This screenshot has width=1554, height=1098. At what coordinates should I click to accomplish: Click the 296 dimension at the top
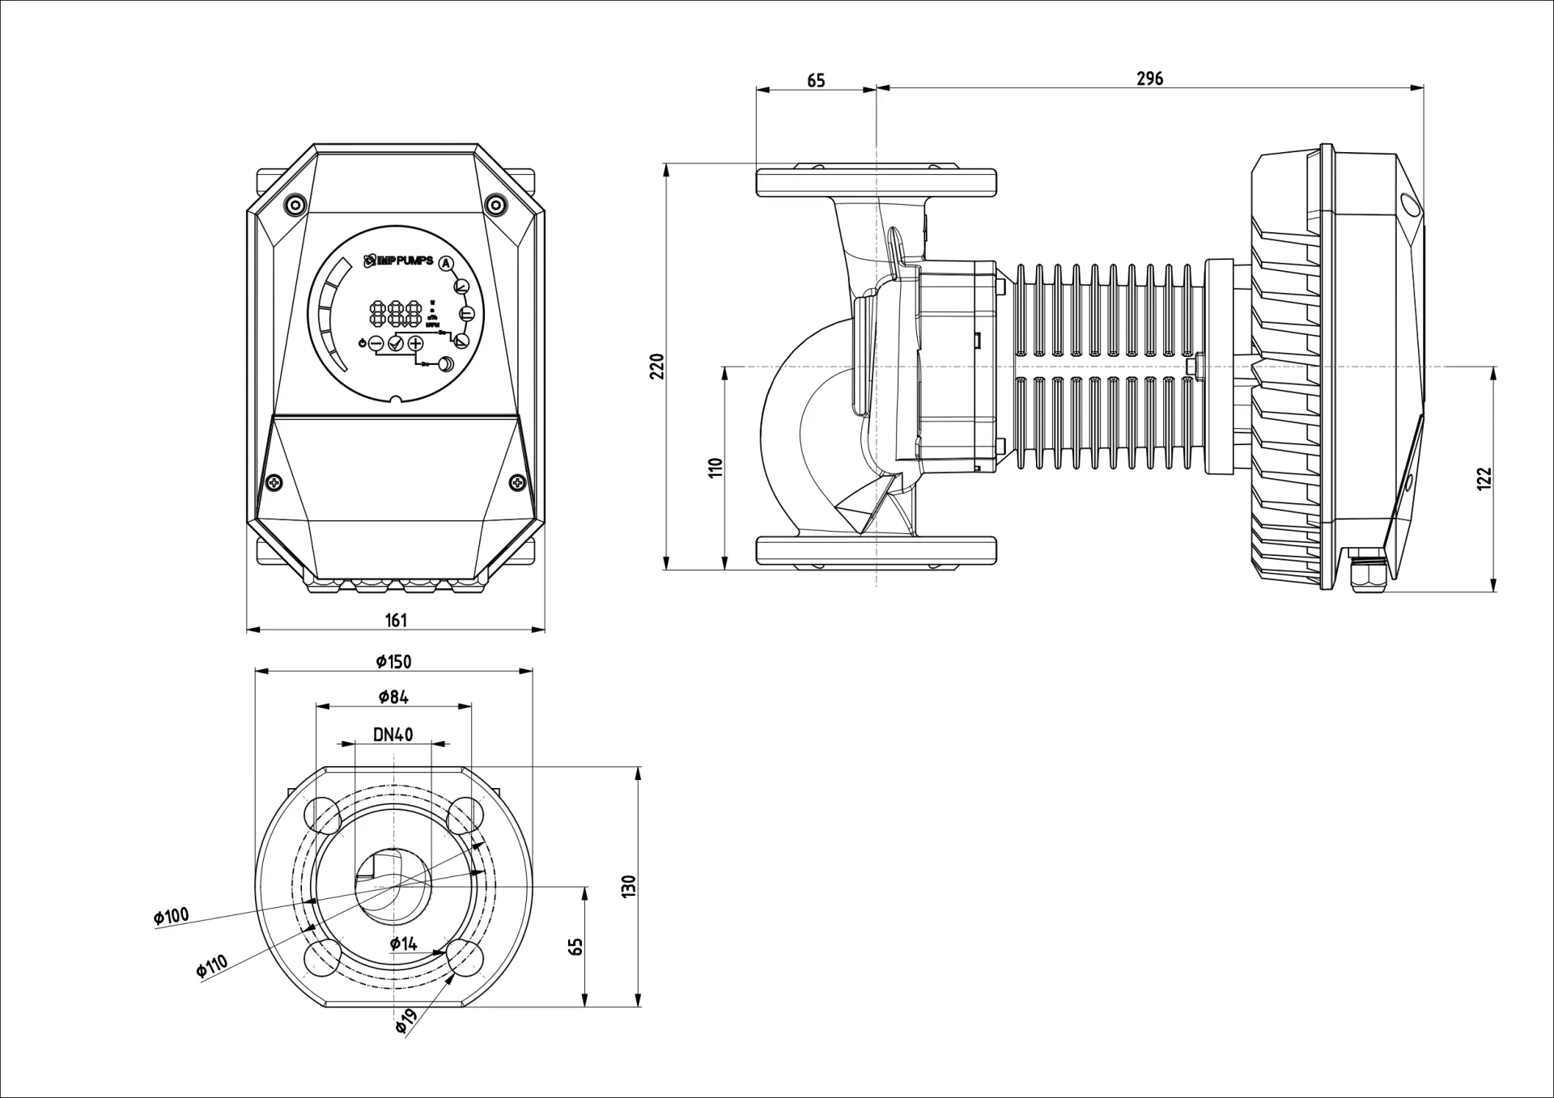1149,78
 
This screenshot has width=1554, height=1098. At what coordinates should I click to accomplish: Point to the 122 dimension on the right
1484,479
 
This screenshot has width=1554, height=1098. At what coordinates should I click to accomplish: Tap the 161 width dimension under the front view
396,621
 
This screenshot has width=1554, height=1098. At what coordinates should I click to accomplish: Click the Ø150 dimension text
393,662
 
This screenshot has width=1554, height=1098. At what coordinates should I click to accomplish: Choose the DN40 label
393,735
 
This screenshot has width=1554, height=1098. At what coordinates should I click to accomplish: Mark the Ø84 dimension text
393,697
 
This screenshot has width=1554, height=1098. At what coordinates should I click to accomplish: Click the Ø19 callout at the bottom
405,1022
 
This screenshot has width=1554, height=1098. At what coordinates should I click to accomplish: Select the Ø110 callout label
211,966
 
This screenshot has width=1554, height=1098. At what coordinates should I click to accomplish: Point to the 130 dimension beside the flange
631,886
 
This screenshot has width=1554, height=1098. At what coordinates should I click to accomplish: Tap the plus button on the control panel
415,343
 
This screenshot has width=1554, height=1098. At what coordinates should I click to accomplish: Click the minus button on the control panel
376,344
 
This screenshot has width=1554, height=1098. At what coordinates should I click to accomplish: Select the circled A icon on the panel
446,262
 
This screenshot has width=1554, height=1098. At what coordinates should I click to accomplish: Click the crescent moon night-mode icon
446,365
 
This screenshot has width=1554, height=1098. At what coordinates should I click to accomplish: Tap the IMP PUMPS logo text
402,261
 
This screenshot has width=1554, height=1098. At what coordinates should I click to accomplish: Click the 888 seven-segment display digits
396,312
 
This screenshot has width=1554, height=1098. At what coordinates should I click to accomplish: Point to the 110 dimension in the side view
715,468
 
